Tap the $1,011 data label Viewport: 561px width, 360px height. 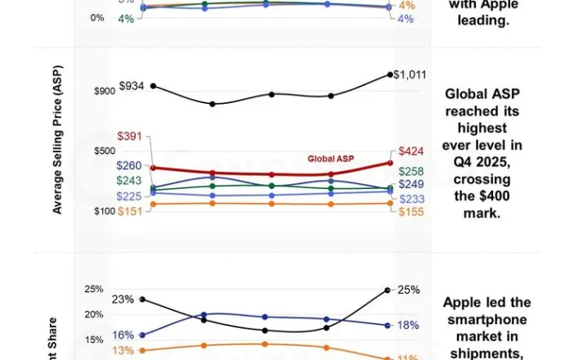(x=410, y=74)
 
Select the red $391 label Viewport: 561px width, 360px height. (x=131, y=136)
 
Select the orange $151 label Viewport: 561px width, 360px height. (x=131, y=211)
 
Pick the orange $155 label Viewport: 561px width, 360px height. (x=411, y=211)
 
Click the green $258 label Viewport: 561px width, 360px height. (x=411, y=171)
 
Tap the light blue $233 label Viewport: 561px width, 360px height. (x=411, y=198)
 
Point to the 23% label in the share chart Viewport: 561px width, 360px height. (x=123, y=299)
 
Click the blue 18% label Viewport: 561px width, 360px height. (x=409, y=325)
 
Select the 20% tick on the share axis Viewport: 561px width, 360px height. (x=94, y=314)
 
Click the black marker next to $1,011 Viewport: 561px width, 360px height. (x=389, y=74)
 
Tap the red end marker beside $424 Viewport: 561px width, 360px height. (x=389, y=162)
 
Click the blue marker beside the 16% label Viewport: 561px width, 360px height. (x=143, y=335)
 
